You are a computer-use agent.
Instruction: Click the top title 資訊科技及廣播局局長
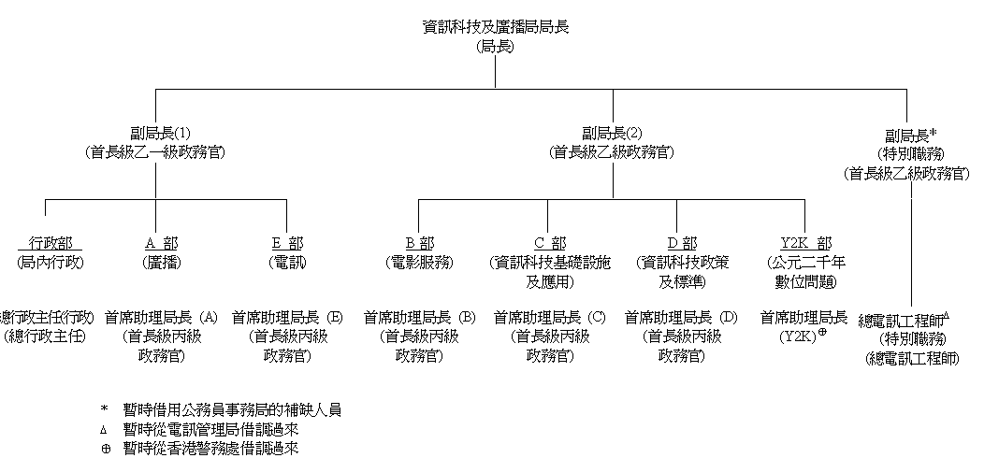pos(495,27)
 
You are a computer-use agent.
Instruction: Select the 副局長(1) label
pos(154,132)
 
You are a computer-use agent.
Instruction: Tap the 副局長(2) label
pos(613,132)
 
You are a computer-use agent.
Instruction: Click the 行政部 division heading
pos(51,243)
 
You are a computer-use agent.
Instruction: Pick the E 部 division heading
pos(286,243)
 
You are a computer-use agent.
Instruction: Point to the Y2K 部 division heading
pos(805,243)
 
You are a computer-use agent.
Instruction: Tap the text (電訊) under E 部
pos(286,262)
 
